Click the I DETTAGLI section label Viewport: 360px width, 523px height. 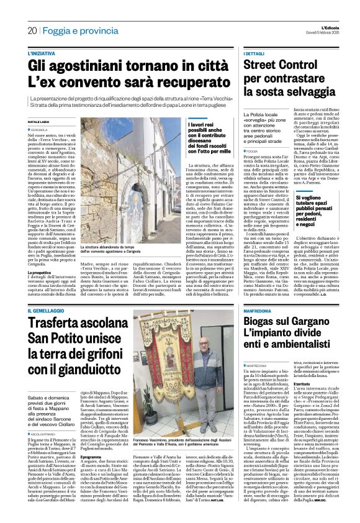coord(255,54)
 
